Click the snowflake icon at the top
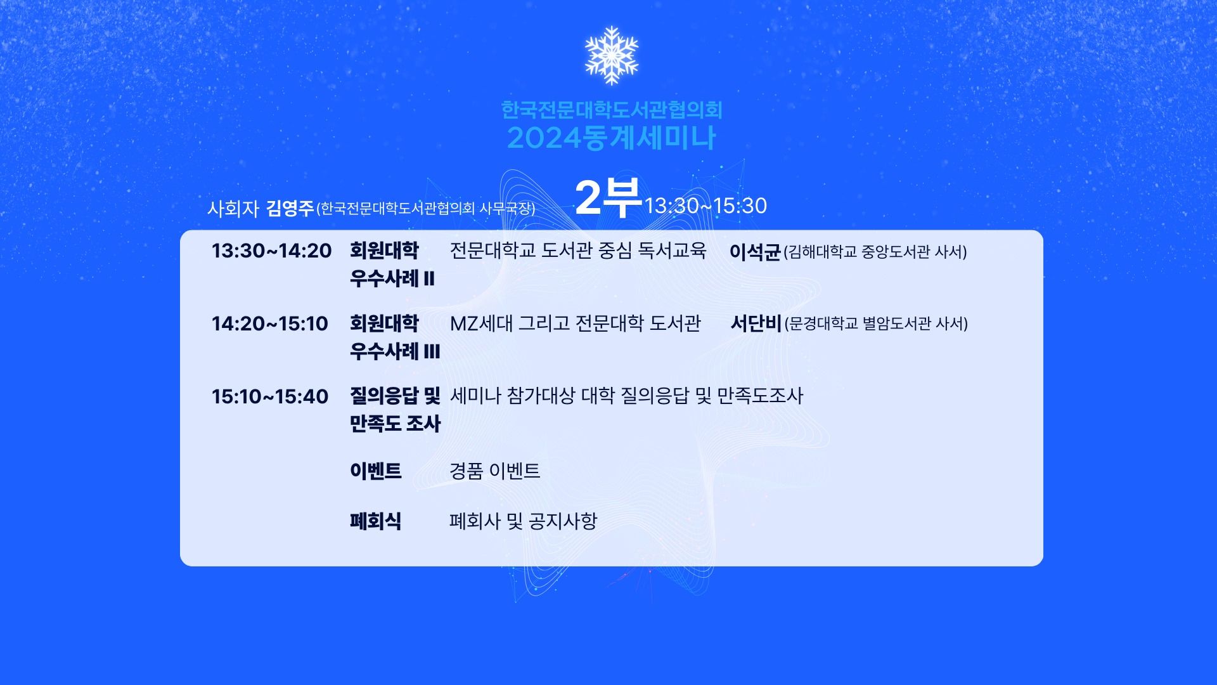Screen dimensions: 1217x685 pos(611,55)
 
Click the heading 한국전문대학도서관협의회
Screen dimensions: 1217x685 pos(612,110)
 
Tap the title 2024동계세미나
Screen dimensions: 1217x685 pos(611,138)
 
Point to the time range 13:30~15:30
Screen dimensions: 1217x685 pos(705,205)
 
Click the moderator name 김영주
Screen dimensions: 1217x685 pos(290,208)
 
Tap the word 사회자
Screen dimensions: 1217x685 pos(233,209)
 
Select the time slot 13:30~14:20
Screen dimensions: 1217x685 pos(271,251)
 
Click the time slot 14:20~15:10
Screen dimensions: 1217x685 pos(269,324)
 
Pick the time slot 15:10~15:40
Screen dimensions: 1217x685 pos(269,397)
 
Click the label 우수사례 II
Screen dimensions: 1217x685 pos(392,278)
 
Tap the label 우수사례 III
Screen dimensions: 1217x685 pos(395,351)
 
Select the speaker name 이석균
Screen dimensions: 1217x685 pos(754,252)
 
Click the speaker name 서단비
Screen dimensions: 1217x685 pos(756,323)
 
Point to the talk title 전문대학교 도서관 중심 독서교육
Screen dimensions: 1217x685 pos(578,251)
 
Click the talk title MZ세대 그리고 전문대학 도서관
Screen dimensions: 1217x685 pos(576,323)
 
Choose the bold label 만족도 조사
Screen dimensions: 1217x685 pos(395,424)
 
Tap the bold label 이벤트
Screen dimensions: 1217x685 pos(376,471)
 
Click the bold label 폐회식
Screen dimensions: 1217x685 pos(375,521)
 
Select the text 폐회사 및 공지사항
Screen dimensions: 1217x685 pos(524,521)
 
